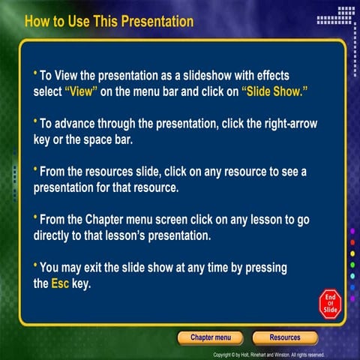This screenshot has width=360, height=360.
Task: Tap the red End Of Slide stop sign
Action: pos(331,302)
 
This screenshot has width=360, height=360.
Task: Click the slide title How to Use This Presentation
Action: pos(109,21)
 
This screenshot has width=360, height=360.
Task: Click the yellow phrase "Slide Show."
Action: pos(275,91)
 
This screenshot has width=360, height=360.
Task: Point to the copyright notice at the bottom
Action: pos(268,355)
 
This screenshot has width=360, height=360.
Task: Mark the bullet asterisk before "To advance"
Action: pos(35,121)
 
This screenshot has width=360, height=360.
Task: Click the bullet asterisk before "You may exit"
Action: pos(35,265)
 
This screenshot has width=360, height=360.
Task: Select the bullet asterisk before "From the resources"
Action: pos(35,169)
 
